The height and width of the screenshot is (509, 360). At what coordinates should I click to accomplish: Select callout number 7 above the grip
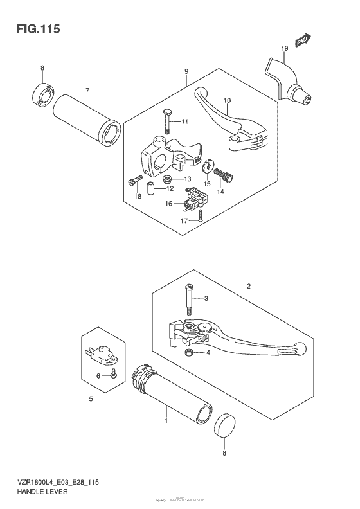point(87,91)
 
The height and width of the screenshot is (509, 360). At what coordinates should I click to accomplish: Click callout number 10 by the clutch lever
point(226,101)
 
